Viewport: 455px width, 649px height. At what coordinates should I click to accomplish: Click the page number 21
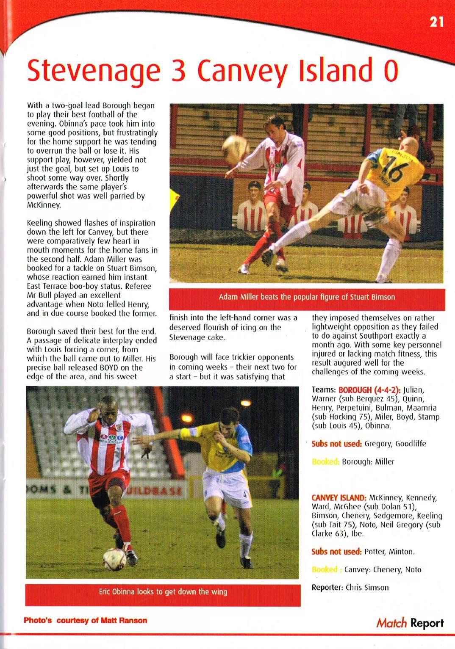coord(437,22)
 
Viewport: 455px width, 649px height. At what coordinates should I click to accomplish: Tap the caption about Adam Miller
coord(307,297)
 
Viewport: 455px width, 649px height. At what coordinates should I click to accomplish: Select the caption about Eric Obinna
coord(163,591)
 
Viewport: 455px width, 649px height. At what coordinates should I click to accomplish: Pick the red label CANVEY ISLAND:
coord(339,497)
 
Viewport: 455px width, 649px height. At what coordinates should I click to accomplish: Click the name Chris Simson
coord(367,587)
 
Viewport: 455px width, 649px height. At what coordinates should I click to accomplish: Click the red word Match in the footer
coord(391,623)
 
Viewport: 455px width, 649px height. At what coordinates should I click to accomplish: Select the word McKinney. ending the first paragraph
coord(44,205)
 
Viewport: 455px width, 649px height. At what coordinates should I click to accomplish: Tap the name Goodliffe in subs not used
coord(408,444)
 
